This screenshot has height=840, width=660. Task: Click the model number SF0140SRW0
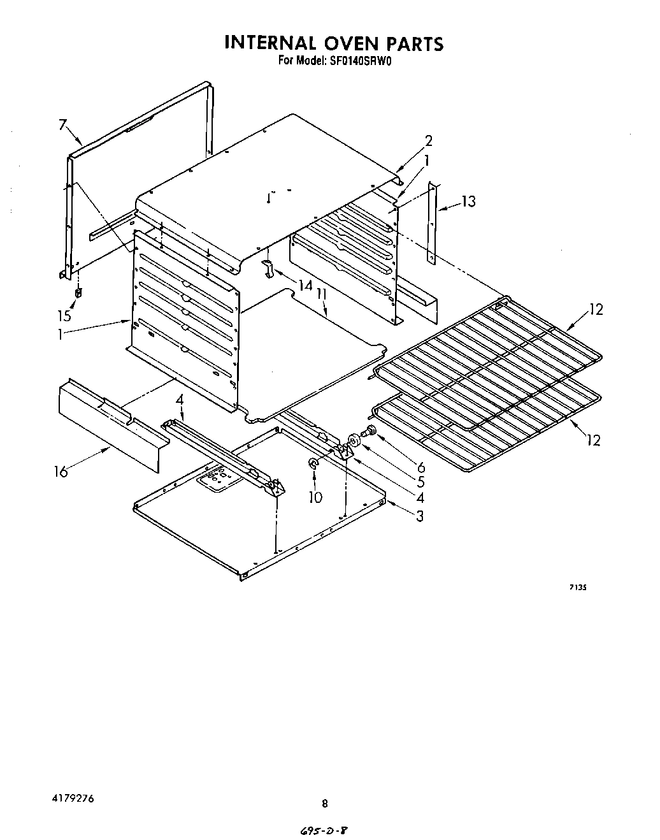point(357,62)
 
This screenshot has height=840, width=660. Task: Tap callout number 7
point(62,125)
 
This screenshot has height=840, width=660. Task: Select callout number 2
point(428,141)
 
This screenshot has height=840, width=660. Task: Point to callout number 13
point(468,201)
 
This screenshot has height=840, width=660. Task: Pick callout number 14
point(306,285)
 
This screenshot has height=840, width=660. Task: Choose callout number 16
point(61,472)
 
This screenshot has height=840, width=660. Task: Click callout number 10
point(315,497)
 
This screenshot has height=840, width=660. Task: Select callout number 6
point(420,467)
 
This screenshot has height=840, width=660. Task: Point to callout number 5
point(420,482)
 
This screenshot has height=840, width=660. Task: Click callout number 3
point(419,516)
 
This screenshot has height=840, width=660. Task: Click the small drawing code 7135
point(577,588)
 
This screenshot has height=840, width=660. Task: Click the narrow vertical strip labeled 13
point(433,223)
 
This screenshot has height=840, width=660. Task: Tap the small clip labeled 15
point(78,293)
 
